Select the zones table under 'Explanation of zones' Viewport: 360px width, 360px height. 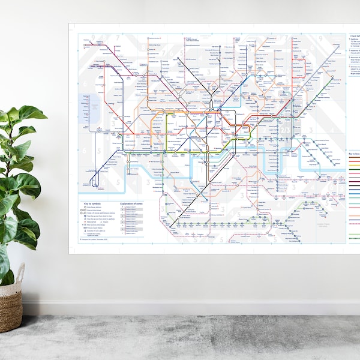[133, 222]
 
